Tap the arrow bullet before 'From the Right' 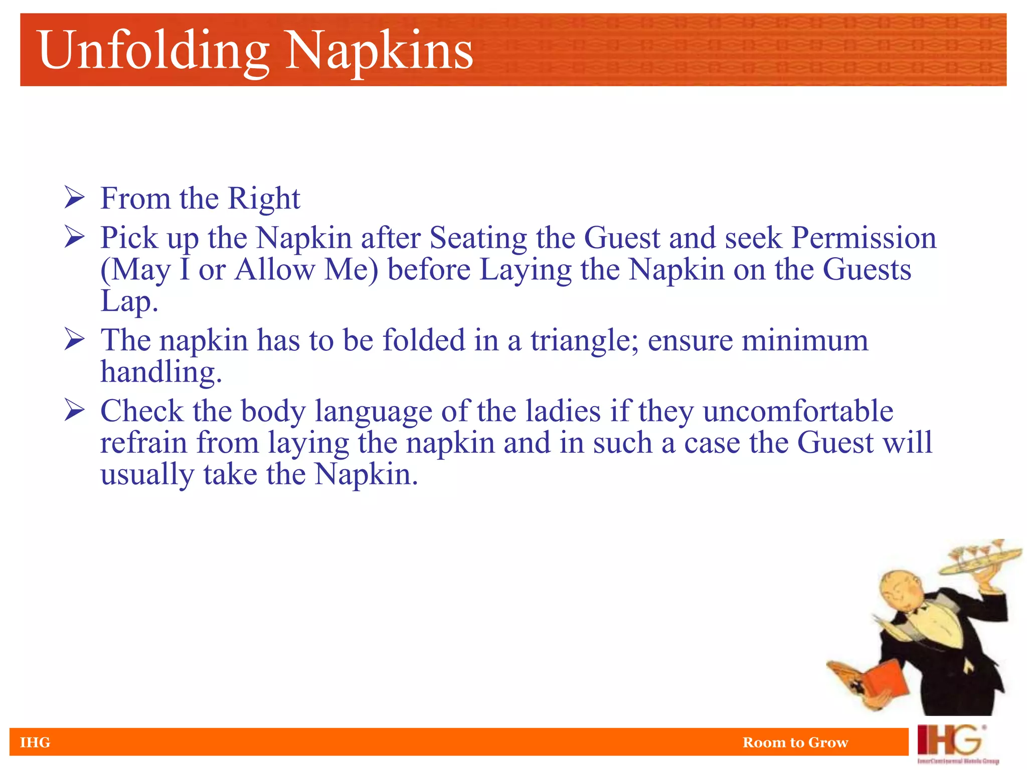[x=74, y=198]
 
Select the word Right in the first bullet [x=264, y=199]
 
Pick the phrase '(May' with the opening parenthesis [x=135, y=271]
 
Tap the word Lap [x=129, y=302]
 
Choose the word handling [x=161, y=372]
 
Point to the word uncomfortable [x=798, y=411]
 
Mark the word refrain [x=144, y=443]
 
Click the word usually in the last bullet [x=147, y=475]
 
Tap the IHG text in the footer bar [x=35, y=742]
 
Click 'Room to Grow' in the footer [x=795, y=742]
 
